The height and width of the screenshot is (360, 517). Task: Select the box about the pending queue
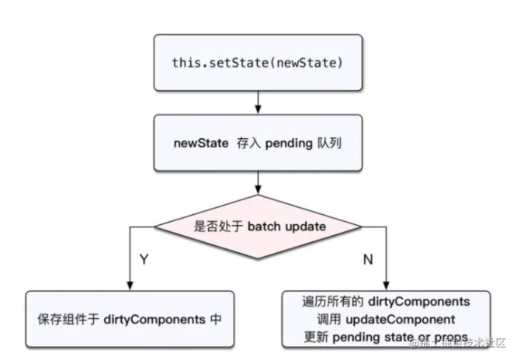(x=258, y=144)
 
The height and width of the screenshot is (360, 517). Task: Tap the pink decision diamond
(x=258, y=227)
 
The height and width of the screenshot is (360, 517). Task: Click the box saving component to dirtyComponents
(x=130, y=320)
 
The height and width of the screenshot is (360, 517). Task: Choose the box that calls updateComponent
(x=386, y=318)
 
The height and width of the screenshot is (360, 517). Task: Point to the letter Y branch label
(x=144, y=259)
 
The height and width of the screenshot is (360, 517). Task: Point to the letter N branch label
(x=368, y=259)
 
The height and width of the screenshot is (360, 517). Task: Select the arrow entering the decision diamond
(x=258, y=185)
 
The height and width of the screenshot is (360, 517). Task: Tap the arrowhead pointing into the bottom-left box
(x=130, y=286)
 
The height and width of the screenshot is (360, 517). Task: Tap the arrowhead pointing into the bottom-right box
(x=386, y=286)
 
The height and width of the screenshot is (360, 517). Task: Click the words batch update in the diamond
(x=286, y=227)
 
